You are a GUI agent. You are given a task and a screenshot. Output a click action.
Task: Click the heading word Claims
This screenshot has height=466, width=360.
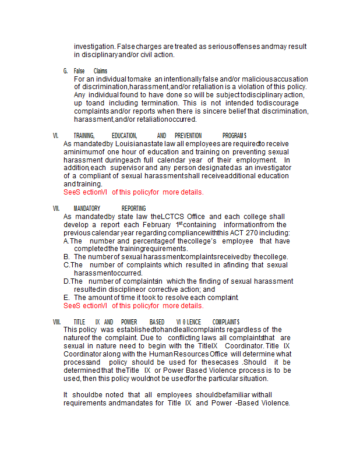pyautogui.click(x=100, y=71)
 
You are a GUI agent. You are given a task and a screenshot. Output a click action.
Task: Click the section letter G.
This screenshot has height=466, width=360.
pyautogui.click(x=66, y=71)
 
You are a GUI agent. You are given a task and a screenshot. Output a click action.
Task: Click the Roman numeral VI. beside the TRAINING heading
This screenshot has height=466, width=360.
pyautogui.click(x=55, y=136)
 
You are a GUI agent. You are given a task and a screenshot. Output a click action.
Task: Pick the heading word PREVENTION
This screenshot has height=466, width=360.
pyautogui.click(x=188, y=136)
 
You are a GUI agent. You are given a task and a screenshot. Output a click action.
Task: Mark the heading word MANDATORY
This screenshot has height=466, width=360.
pyautogui.click(x=87, y=209)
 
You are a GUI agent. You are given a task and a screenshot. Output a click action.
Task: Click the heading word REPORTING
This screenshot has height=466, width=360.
pyautogui.click(x=133, y=209)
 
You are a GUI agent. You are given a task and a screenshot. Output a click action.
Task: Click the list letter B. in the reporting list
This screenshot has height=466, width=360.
pyautogui.click(x=67, y=257)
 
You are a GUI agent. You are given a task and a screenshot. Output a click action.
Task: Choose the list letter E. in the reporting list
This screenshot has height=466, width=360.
pyautogui.click(x=67, y=298)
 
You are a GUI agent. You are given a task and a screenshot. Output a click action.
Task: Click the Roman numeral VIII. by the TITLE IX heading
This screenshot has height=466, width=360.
pyautogui.click(x=57, y=322)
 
